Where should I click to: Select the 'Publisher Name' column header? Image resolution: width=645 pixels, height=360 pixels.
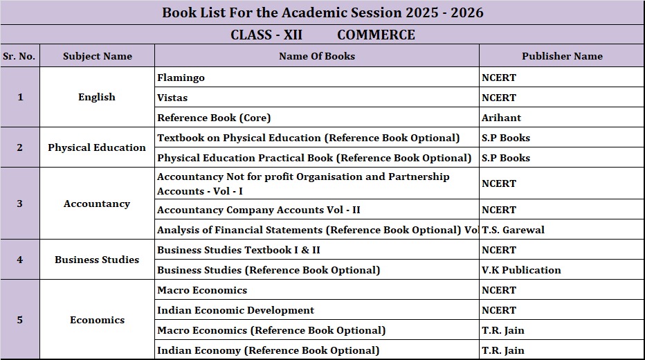click(x=562, y=56)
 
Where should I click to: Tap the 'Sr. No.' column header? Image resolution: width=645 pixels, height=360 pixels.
click(x=19, y=56)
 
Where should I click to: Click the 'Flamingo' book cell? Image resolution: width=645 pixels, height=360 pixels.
click(x=181, y=78)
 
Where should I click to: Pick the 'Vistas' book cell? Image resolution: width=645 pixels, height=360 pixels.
click(x=172, y=98)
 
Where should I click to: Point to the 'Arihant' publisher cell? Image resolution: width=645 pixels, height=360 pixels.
click(x=502, y=118)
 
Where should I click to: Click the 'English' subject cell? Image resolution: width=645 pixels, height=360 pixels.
click(x=97, y=97)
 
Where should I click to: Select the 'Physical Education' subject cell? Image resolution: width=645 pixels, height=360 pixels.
click(x=97, y=147)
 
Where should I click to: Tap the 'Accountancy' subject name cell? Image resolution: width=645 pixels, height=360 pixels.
click(x=97, y=204)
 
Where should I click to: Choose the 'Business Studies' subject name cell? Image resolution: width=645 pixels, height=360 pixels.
click(x=97, y=260)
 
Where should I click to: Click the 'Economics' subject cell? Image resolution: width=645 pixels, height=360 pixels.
click(x=97, y=320)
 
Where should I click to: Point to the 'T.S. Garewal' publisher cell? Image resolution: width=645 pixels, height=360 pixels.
click(x=514, y=230)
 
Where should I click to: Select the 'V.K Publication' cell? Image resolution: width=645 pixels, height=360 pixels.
click(x=521, y=270)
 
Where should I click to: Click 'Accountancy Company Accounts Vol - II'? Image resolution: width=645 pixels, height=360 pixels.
click(x=259, y=210)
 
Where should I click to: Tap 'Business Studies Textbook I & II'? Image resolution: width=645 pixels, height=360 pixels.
click(x=239, y=250)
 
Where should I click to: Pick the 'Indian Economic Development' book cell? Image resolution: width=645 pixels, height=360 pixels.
click(x=235, y=310)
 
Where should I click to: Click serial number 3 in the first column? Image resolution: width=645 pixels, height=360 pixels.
click(x=19, y=204)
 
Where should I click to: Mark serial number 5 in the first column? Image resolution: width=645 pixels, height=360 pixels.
click(x=19, y=320)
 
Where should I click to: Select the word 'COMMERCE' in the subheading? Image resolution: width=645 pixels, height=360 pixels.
click(x=376, y=35)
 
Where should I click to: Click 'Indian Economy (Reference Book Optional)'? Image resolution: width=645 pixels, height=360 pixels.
click(x=269, y=350)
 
